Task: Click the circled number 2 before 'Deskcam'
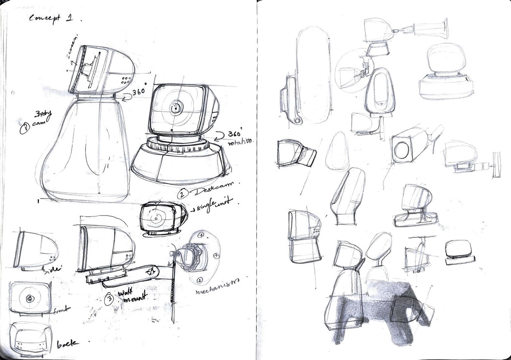181,193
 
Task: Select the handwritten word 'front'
61,310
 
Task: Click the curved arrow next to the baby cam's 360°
125,97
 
